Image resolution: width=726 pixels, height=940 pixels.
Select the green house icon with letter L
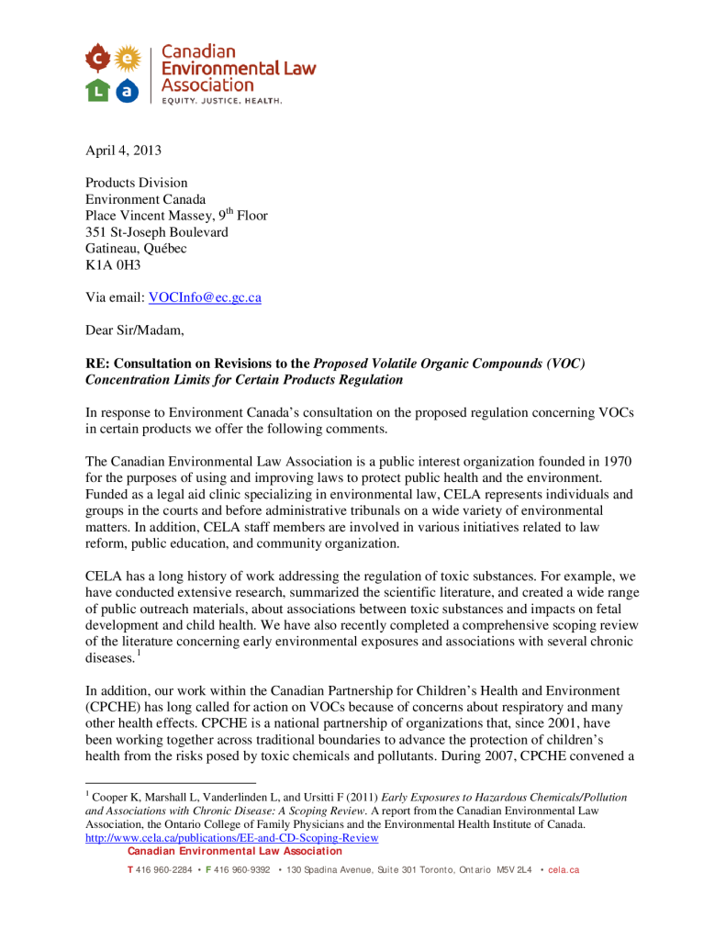tap(99, 90)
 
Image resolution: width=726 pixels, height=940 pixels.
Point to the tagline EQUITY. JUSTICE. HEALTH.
tap(222, 100)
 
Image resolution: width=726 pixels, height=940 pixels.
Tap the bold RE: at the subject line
tap(98, 364)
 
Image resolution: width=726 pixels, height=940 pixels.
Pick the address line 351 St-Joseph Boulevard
tap(157, 232)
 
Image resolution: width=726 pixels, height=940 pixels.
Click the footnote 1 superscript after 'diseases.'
tap(138, 654)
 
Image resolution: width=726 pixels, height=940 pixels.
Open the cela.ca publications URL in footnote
tap(231, 838)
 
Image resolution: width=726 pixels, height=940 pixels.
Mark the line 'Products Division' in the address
tap(137, 183)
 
